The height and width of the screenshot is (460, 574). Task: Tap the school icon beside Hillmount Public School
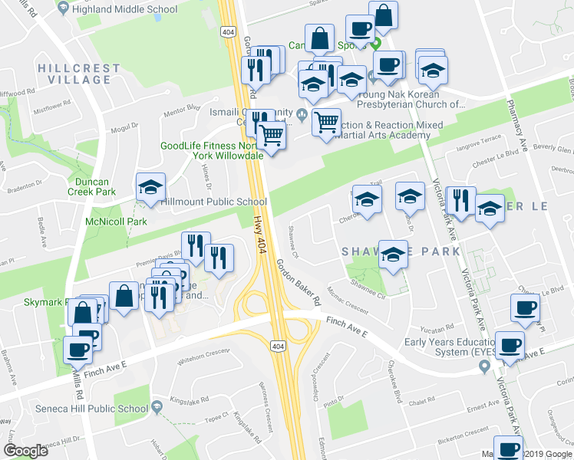point(150,186)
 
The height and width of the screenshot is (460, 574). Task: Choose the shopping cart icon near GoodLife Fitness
point(271,136)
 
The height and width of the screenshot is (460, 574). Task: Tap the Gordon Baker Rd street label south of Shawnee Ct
point(299,282)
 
